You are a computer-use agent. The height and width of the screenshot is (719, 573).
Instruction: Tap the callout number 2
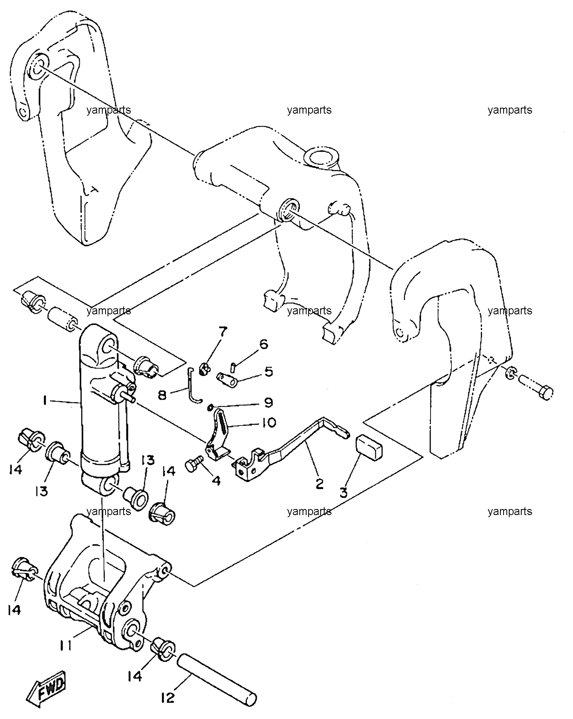319,484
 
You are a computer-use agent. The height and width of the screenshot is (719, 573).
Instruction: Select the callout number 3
344,493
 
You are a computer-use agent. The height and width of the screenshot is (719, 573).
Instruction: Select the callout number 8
162,396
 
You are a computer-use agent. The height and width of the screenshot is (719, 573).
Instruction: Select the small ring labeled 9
210,408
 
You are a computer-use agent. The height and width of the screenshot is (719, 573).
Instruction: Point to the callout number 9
268,402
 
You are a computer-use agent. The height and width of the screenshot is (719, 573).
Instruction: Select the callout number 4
216,481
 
